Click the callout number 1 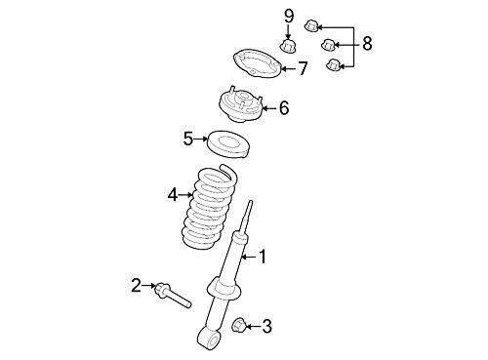[x=261, y=257]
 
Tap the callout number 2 [x=137, y=285]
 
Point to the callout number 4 [x=173, y=194]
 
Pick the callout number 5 [x=188, y=139]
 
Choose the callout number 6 [x=283, y=107]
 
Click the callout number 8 [x=367, y=43]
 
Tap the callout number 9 [x=289, y=16]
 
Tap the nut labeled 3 [x=241, y=323]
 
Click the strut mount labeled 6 [x=239, y=102]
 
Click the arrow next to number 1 [x=247, y=257]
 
